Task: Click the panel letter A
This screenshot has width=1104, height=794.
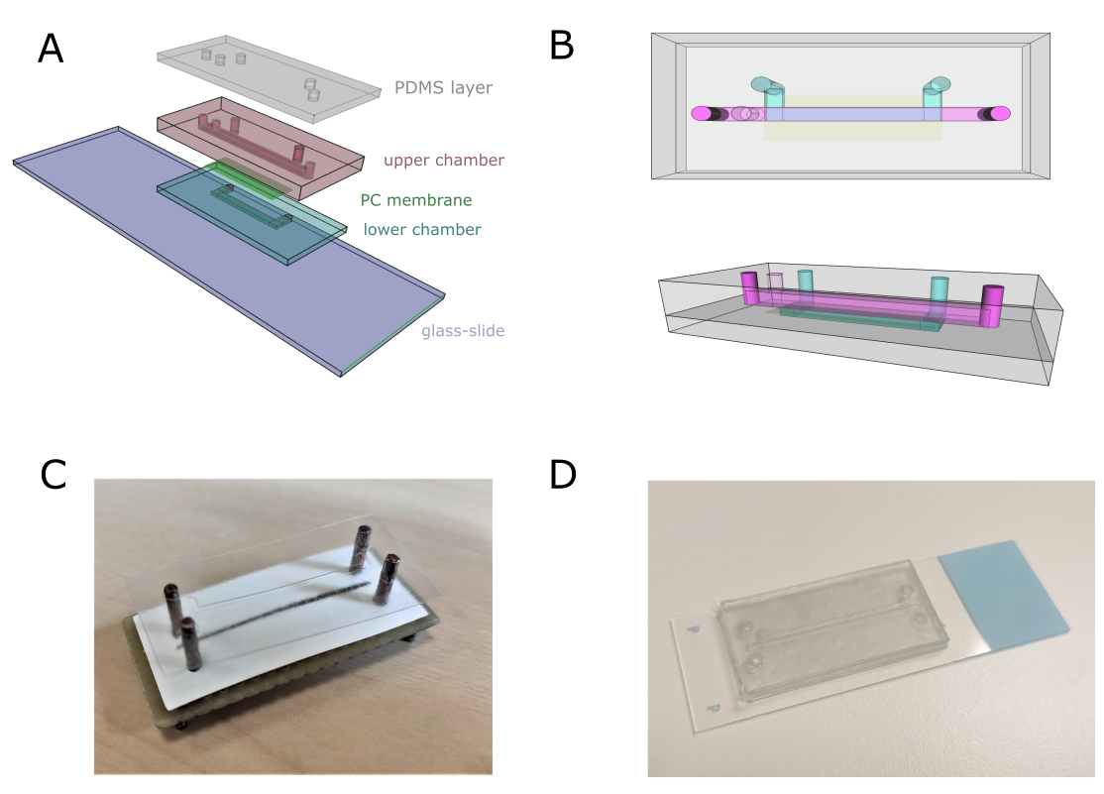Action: pyautogui.click(x=51, y=50)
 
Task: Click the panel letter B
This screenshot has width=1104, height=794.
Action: pyautogui.click(x=562, y=46)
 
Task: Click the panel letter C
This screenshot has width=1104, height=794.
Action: pyautogui.click(x=54, y=475)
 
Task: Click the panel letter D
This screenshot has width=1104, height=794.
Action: pyautogui.click(x=563, y=475)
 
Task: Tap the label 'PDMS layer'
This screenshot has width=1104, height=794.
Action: pyautogui.click(x=443, y=88)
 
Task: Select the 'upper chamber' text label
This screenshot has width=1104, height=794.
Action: pyautogui.click(x=444, y=161)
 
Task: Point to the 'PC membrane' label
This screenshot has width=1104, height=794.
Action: pyautogui.click(x=416, y=200)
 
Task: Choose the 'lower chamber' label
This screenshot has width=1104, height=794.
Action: pyautogui.click(x=422, y=230)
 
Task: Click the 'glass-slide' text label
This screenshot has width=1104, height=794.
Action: pyautogui.click(x=463, y=331)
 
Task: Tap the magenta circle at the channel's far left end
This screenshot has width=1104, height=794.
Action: pyautogui.click(x=702, y=113)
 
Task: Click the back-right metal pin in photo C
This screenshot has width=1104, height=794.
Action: pyautogui.click(x=362, y=548)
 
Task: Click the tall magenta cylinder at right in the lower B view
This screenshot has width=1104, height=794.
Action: pyautogui.click(x=991, y=305)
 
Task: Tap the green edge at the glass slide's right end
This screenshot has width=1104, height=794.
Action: pyautogui.click(x=392, y=335)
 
